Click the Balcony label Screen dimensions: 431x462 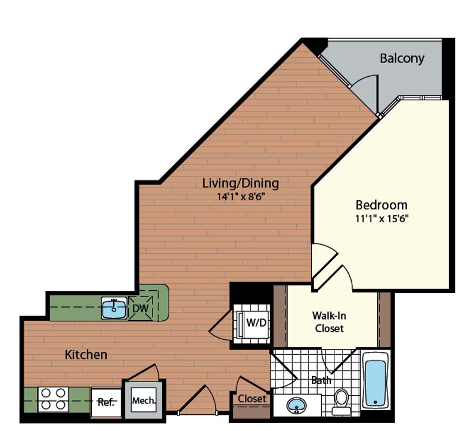(x=402, y=58)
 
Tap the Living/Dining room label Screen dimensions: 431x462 (x=240, y=183)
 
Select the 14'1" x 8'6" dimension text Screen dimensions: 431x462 (x=240, y=196)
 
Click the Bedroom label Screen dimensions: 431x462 (x=381, y=205)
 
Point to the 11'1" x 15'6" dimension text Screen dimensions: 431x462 (x=381, y=219)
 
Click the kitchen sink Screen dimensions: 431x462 (x=114, y=309)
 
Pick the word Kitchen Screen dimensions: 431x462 (x=85, y=354)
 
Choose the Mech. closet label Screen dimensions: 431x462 (x=143, y=399)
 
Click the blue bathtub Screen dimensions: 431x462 (x=375, y=383)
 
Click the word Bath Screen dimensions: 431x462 (x=321, y=380)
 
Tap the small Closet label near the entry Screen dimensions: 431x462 (x=252, y=399)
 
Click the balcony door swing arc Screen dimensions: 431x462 (x=364, y=92)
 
